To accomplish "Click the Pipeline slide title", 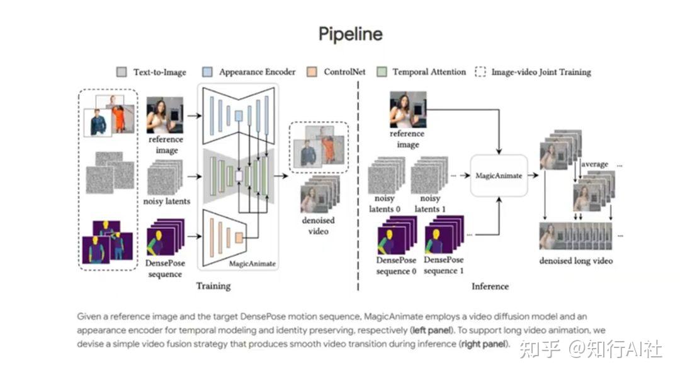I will (350, 33).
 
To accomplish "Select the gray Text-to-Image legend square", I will (122, 72).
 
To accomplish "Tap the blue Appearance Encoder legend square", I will (207, 72).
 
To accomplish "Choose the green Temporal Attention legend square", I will (380, 72).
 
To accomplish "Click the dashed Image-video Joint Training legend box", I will (480, 72).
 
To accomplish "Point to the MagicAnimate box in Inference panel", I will (497, 176).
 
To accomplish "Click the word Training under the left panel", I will (213, 286).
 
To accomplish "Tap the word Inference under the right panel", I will (490, 286).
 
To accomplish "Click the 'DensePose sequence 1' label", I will (444, 265).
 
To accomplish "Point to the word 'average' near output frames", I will (594, 164).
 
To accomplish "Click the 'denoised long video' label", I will (575, 261).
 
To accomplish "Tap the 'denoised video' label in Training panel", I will (318, 226).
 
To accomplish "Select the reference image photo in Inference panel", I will (407, 110).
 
